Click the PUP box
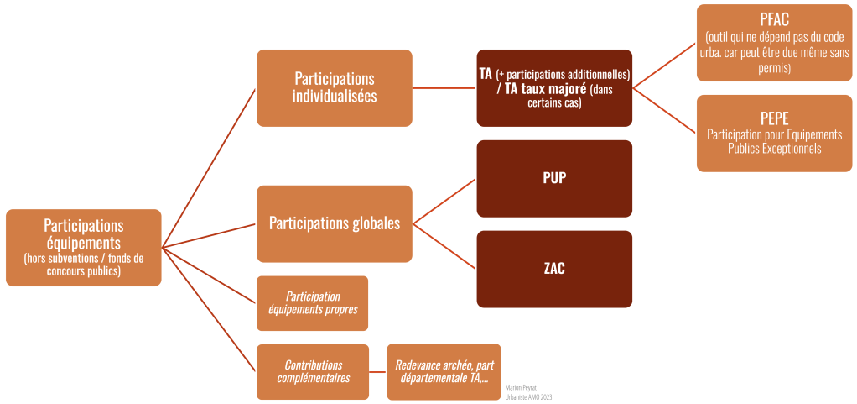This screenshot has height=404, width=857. coord(554,179)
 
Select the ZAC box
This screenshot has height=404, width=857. coord(554,269)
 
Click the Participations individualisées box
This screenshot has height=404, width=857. coord(334,87)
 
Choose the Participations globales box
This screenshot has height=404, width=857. coord(334,223)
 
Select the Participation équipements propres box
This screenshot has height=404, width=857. coord(313,303)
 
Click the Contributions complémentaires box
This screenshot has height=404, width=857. coord(313,371)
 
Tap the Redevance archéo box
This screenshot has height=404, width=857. coord(444,371)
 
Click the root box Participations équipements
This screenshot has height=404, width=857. coord(83,247)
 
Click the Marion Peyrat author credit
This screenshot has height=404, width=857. coord(522,387)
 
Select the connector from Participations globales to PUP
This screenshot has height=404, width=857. coord(444,202)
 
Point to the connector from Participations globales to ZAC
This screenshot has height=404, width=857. coord(444,245)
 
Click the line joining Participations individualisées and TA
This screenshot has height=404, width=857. coord(444,87)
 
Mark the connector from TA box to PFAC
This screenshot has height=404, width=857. coord(664,66)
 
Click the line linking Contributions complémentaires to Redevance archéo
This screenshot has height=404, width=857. coord(377,371)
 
